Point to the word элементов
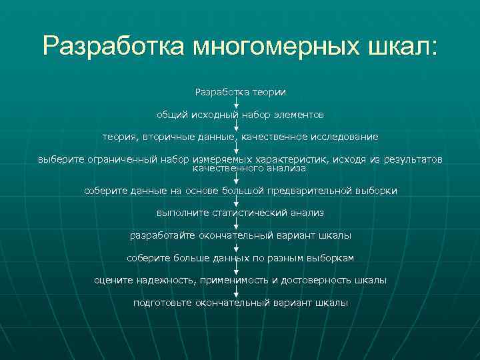(x=298, y=115)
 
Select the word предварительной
(x=307, y=191)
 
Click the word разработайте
(x=160, y=235)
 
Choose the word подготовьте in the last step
(x=162, y=303)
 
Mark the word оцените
(x=113, y=281)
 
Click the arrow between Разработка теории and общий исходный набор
(x=237, y=103)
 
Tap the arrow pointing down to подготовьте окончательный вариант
(x=237, y=292)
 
